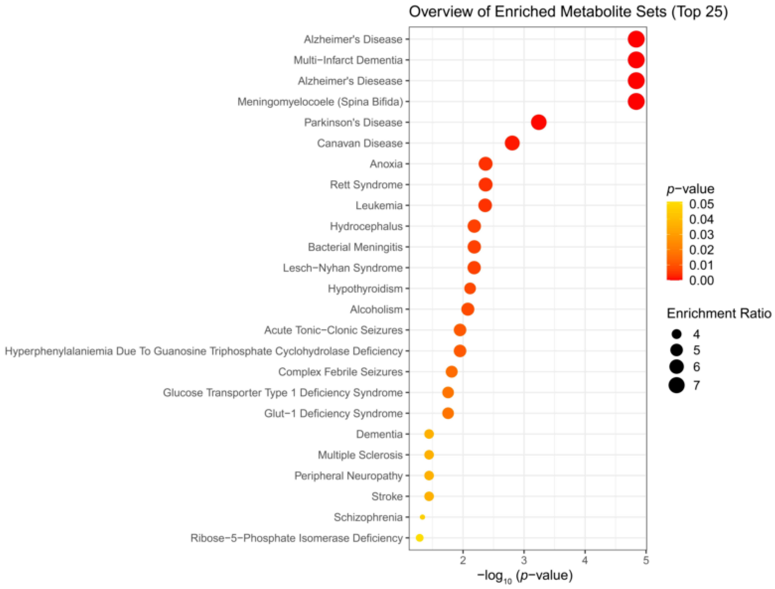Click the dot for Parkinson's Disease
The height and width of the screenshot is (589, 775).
(538, 122)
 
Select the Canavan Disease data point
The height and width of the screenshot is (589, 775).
(512, 143)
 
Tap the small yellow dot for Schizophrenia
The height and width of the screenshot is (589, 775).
(422, 517)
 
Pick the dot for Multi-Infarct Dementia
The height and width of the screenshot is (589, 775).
(636, 60)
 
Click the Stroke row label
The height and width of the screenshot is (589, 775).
(387, 496)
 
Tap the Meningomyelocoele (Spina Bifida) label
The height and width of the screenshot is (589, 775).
(320, 102)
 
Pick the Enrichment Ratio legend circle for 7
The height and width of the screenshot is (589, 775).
(676, 386)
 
